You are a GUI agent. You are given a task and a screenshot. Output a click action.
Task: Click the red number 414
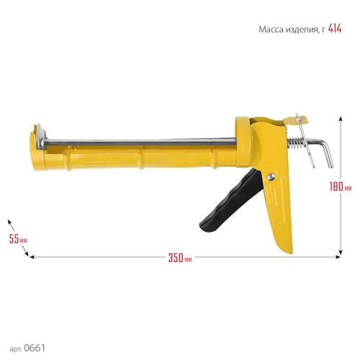(x=335, y=29)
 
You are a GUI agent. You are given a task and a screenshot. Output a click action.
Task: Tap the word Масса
(x=271, y=30)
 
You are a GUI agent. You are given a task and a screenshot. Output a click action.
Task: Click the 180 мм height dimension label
(x=341, y=186)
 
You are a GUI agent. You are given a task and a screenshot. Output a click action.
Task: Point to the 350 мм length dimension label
(x=180, y=258)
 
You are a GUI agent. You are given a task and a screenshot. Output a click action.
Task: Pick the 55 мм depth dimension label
(x=18, y=239)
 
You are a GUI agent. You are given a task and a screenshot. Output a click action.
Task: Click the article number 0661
(x=35, y=348)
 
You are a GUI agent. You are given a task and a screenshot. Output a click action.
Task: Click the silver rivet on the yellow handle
(x=271, y=176)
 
